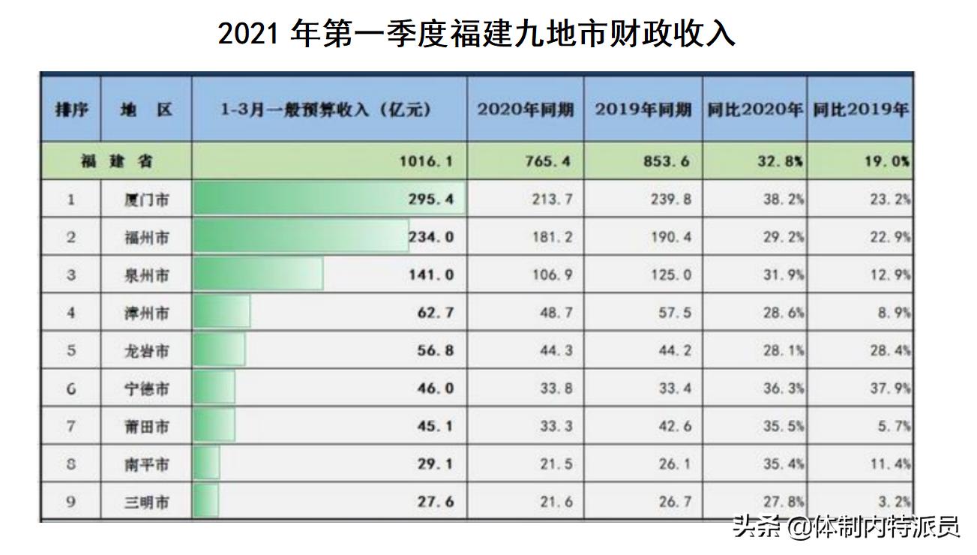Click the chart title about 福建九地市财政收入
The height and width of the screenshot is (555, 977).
(477, 34)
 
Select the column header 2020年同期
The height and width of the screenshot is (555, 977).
(526, 109)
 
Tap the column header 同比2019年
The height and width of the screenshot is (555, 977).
(861, 109)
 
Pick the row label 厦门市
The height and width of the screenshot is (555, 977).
(146, 200)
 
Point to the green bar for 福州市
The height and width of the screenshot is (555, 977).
(300, 236)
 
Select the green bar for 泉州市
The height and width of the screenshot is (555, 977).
(258, 274)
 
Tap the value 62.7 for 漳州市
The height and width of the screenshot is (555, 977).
(436, 313)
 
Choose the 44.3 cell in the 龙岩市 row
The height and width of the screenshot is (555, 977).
(556, 351)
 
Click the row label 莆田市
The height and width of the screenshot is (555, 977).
(146, 427)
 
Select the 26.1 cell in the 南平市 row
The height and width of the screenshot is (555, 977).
(674, 464)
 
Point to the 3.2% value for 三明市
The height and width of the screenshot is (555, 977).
(898, 502)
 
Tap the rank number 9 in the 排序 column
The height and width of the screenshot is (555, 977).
(71, 502)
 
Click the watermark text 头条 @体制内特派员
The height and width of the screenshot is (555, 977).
(846, 526)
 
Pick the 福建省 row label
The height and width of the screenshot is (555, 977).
(116, 161)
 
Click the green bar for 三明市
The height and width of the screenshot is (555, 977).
(206, 501)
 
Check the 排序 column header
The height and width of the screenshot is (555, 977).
(71, 109)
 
